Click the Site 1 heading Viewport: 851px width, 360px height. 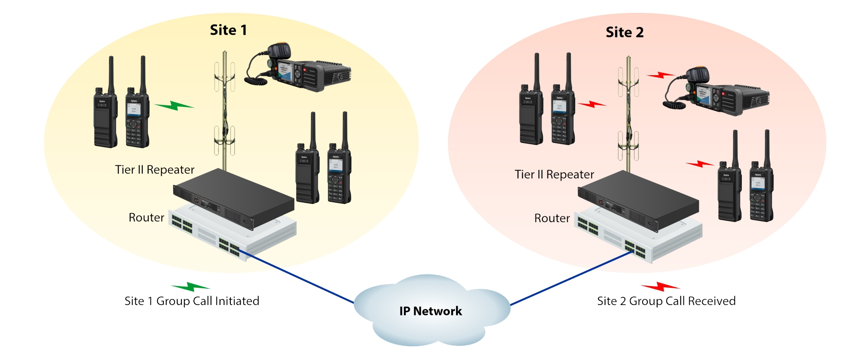228,30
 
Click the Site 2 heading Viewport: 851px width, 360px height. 624,32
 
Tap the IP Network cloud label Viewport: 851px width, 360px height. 431,311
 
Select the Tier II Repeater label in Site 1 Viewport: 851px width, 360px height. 155,170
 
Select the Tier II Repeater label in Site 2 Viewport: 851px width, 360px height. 554,174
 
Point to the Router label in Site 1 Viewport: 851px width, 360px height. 146,217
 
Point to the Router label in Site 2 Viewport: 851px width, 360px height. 552,218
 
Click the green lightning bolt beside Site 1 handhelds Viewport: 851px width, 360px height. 174,105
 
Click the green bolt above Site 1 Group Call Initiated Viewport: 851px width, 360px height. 190,287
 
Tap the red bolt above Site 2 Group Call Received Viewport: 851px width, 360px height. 660,287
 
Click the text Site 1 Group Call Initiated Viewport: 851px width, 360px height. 192,301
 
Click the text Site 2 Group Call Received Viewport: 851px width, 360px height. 666,301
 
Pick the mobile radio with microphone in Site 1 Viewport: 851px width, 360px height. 301,71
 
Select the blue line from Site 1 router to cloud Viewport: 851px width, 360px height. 297,277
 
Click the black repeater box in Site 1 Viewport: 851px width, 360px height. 234,198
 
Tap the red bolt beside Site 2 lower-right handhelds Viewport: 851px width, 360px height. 699,164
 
